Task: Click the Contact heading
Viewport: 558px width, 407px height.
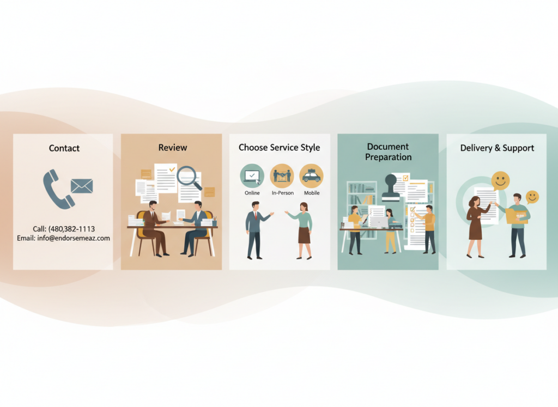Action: tap(64, 148)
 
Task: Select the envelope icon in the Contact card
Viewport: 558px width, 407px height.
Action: tap(82, 186)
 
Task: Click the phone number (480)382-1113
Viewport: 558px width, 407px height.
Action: tap(71, 229)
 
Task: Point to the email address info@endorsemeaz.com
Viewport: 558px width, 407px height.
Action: tap(63, 238)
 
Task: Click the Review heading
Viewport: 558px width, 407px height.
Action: tap(172, 148)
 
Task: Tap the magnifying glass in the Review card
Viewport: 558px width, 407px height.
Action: tap(189, 177)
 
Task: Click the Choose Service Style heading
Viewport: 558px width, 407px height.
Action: tap(279, 148)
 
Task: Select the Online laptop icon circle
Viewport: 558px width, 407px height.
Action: tap(252, 175)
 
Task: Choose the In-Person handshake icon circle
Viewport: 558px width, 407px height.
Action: tap(282, 175)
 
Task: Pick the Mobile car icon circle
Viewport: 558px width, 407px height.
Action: tap(311, 175)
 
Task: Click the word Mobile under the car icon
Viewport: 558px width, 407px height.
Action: tap(312, 193)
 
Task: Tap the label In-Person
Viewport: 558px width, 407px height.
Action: tap(282, 193)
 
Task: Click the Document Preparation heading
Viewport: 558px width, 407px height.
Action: tap(388, 152)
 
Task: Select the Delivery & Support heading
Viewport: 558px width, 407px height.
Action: tap(497, 148)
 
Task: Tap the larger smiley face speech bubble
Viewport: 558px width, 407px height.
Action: tap(500, 180)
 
